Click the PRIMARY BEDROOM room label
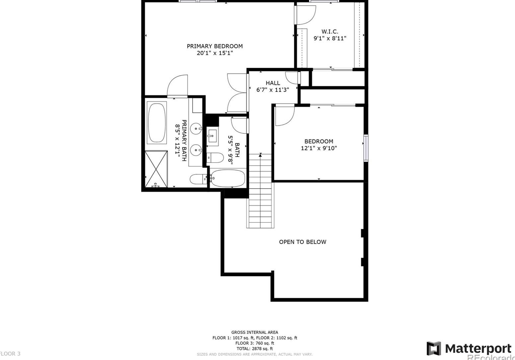[x=215, y=46]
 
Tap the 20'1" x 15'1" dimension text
[x=215, y=53]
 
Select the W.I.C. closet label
[x=330, y=32]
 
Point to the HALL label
[x=273, y=83]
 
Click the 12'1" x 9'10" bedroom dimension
[x=319, y=148]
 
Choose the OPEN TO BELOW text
[x=302, y=242]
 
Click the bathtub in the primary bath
[x=156, y=123]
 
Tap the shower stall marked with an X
[x=156, y=169]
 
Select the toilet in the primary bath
[x=198, y=179]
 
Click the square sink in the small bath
[x=212, y=135]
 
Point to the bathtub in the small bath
[x=228, y=179]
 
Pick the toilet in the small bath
[x=215, y=158]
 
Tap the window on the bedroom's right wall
[x=366, y=148]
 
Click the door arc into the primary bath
[x=177, y=86]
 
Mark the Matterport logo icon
[x=434, y=348]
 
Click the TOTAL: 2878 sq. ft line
[x=255, y=349]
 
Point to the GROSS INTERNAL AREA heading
[x=255, y=332]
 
